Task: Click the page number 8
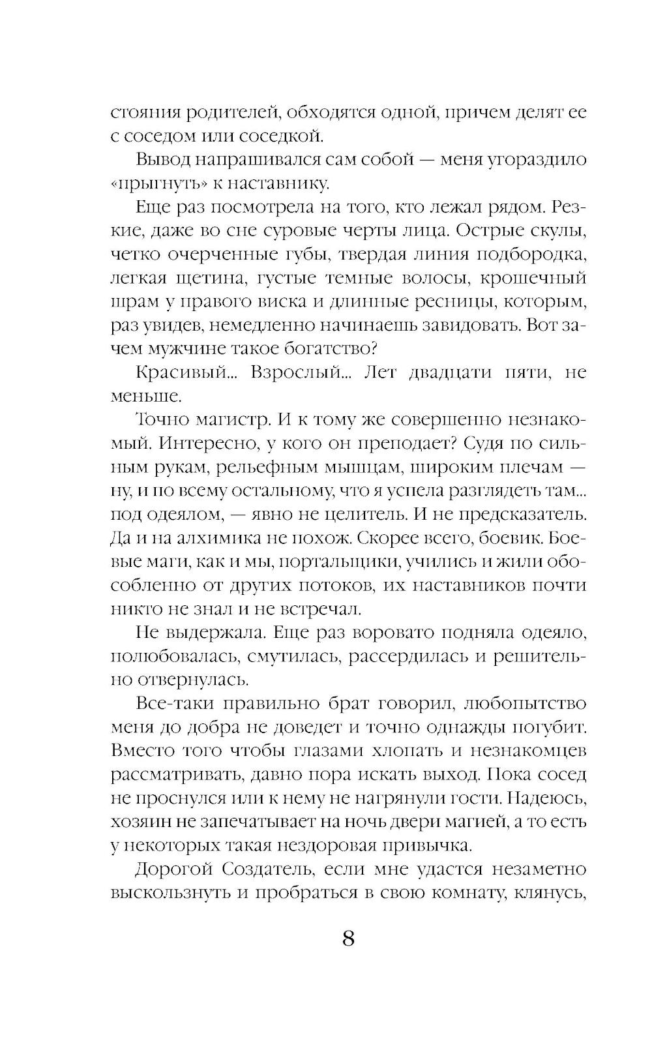(348, 940)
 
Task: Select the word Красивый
(177, 373)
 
